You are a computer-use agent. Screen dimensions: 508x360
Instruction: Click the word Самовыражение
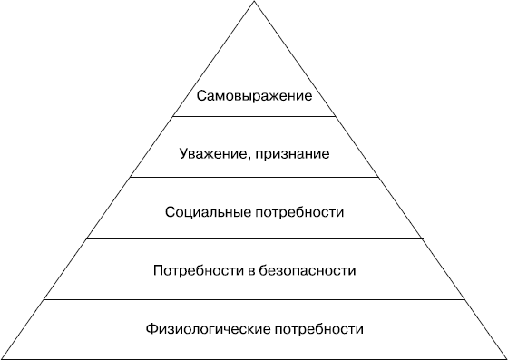point(254,95)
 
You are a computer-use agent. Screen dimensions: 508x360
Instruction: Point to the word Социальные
point(203,212)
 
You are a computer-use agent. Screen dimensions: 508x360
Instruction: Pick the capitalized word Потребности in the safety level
point(190,270)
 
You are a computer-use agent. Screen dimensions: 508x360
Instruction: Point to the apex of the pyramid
point(254,3)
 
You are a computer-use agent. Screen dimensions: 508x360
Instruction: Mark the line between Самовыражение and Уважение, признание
point(254,117)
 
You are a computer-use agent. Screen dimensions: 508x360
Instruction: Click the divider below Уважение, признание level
point(254,177)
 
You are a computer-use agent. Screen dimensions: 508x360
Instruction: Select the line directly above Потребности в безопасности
point(254,238)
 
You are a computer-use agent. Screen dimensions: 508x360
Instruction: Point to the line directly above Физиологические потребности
point(254,299)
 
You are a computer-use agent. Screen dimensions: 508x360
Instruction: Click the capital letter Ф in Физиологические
point(149,328)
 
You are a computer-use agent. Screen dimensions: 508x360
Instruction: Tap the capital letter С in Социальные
point(171,212)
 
